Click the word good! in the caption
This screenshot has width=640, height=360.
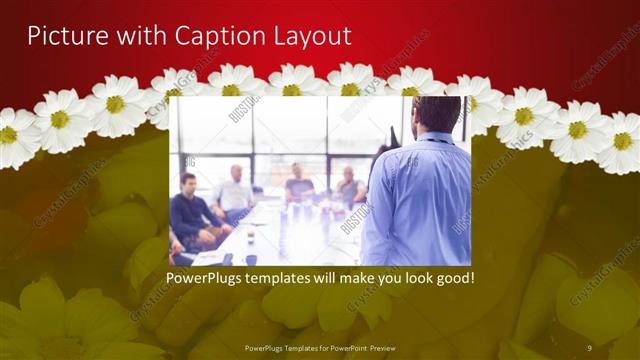click(x=452, y=275)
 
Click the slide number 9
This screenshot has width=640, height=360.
click(x=589, y=347)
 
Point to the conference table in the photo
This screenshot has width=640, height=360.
click(x=290, y=235)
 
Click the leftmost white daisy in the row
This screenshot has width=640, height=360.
click(x=14, y=134)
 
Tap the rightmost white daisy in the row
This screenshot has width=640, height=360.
click(x=622, y=140)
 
